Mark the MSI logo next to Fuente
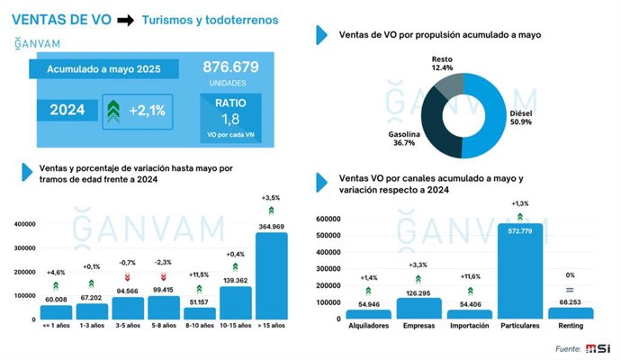click(598, 348)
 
